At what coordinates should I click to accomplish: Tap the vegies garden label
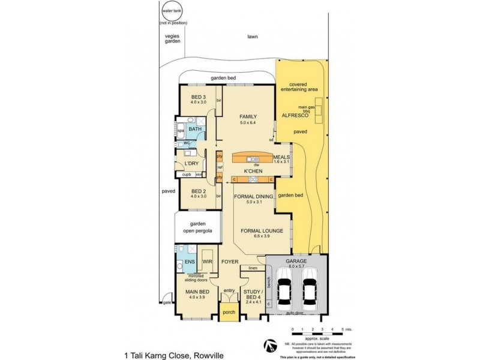coord(173,39)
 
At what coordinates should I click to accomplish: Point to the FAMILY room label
coord(248,116)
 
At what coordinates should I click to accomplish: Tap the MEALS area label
coord(281,157)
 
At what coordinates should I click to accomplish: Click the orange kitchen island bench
coord(252,158)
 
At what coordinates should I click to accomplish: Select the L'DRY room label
coord(192,163)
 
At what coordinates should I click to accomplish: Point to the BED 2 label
coord(199,192)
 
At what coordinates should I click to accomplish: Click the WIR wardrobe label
coord(207,262)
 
